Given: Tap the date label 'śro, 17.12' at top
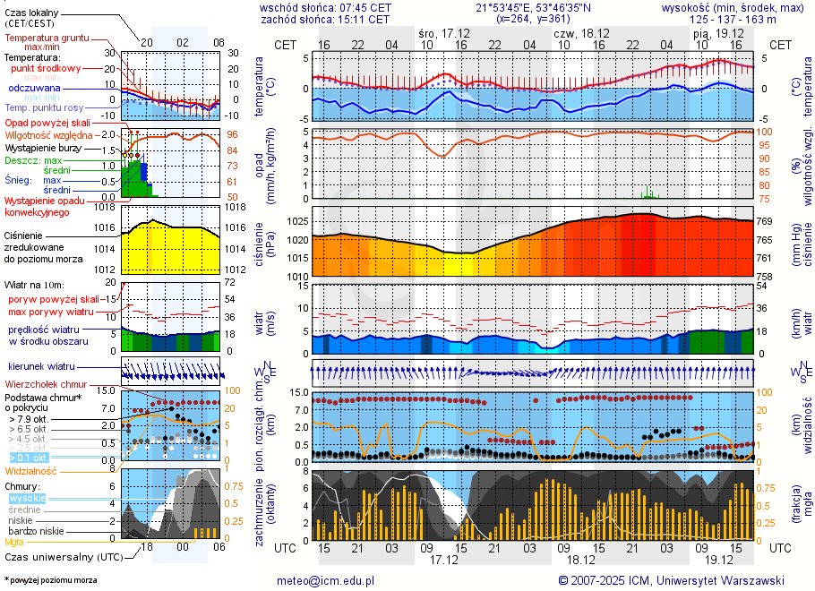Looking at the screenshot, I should point(445,33).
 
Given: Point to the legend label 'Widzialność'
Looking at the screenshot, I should point(31,470).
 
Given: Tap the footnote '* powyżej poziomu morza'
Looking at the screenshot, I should point(50,580).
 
